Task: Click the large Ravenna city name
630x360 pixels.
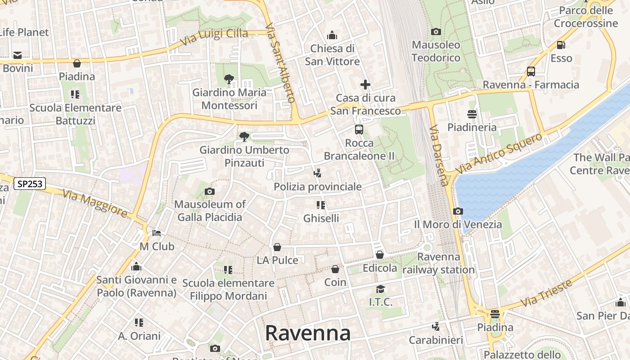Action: [307, 333]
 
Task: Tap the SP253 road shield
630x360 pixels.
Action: [30, 184]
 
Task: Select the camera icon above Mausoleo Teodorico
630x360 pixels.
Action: [436, 31]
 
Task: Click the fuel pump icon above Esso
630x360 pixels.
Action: [561, 45]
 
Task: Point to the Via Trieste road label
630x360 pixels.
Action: [547, 293]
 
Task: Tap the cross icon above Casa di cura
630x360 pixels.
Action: [365, 84]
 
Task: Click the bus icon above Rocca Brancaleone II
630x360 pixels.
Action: [359, 130]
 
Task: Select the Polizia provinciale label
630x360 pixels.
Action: [318, 186]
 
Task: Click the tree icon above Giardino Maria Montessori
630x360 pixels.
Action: [229, 80]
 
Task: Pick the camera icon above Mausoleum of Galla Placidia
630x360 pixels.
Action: [209, 192]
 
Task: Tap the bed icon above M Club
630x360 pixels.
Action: [157, 233]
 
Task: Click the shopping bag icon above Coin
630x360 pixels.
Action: [335, 269]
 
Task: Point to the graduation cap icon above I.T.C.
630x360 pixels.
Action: [381, 289]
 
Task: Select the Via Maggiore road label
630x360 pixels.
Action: [95, 203]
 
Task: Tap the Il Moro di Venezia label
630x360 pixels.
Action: [458, 224]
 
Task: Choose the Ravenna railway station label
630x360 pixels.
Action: [439, 263]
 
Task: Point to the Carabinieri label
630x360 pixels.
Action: [436, 340]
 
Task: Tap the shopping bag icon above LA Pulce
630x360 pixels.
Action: [277, 247]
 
